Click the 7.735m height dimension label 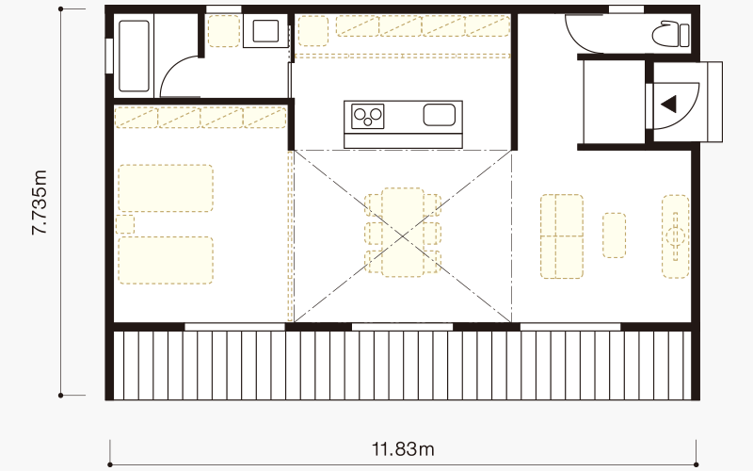[x=40, y=203]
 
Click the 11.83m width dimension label [x=403, y=449]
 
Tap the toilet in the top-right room [x=671, y=34]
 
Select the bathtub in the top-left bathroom [x=134, y=56]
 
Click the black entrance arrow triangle [x=668, y=104]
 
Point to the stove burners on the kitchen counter [x=368, y=116]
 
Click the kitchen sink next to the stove [x=439, y=115]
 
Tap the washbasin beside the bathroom [x=265, y=31]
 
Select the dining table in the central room [x=403, y=233]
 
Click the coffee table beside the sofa [x=615, y=235]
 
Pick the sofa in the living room [x=562, y=236]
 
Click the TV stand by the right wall [x=676, y=236]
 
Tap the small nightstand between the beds [x=125, y=224]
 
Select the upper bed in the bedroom [x=166, y=187]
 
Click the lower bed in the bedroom [x=166, y=260]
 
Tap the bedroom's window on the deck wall [x=234, y=327]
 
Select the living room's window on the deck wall [x=570, y=327]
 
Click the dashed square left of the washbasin [x=224, y=31]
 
